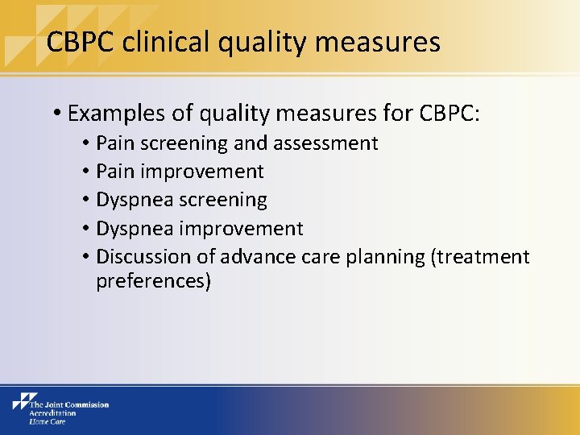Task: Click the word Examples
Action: (x=117, y=114)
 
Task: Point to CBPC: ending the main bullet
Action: (x=449, y=114)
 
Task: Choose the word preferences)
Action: (x=153, y=282)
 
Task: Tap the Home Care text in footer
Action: (x=47, y=420)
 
